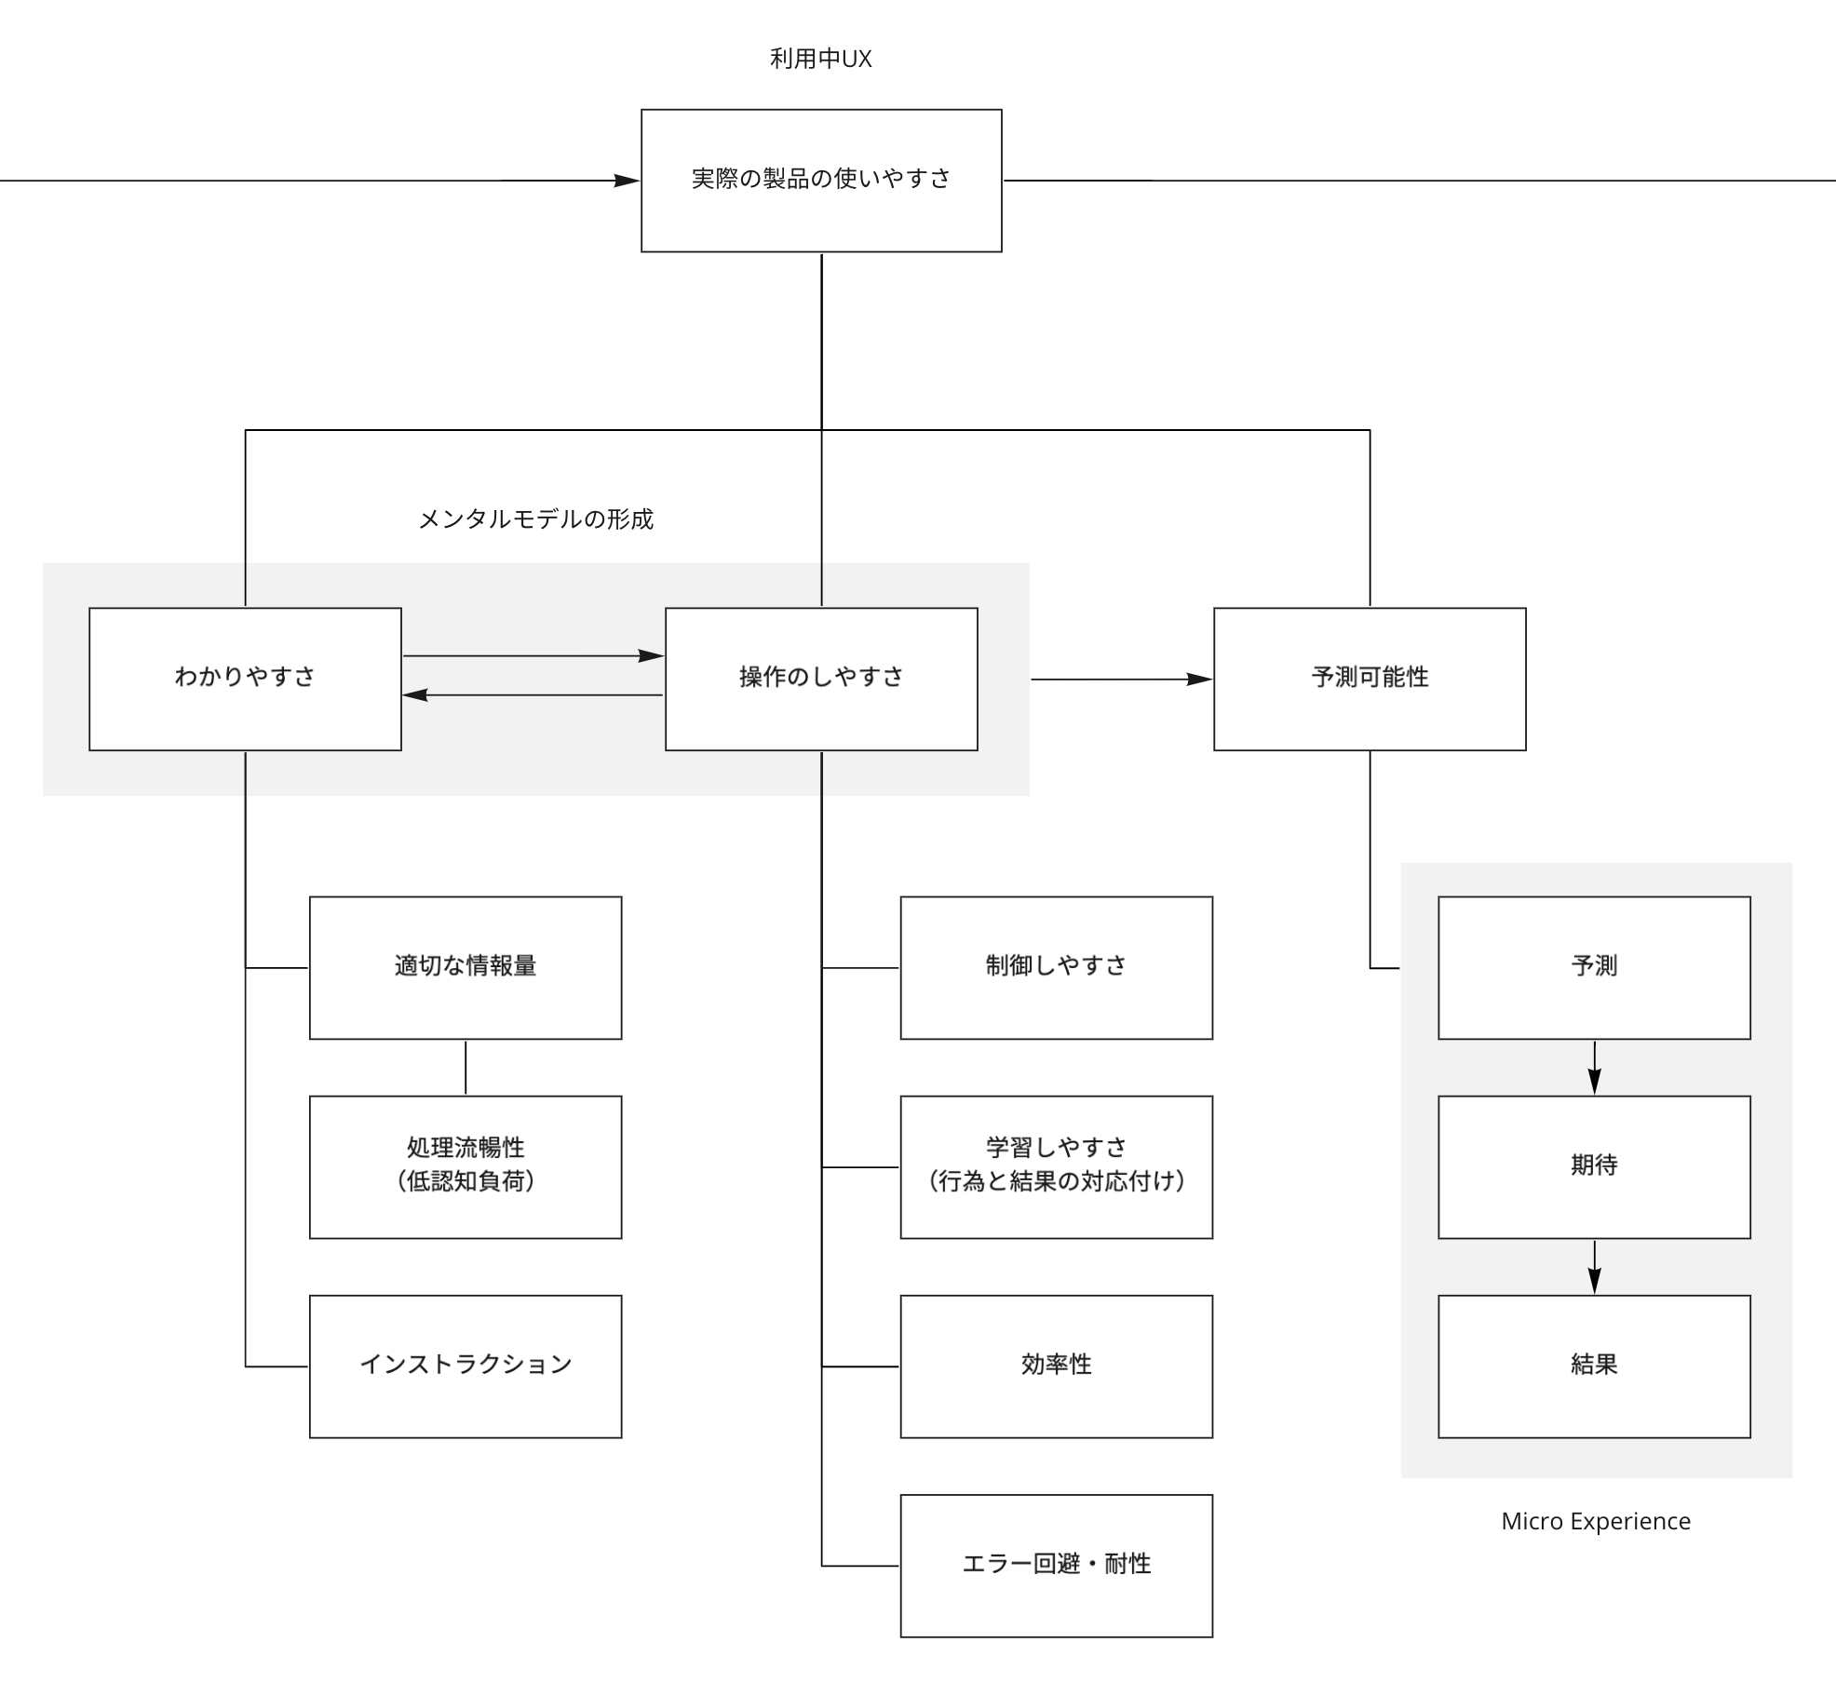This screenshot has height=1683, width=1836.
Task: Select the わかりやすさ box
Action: [x=245, y=679]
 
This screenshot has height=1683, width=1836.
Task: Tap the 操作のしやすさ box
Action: [x=821, y=679]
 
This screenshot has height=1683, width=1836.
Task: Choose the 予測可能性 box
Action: [x=1370, y=679]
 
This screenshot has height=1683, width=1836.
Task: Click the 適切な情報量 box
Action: [x=466, y=967]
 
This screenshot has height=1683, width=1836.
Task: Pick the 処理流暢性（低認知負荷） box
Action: [x=466, y=1166]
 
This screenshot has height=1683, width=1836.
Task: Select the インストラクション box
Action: [x=466, y=1366]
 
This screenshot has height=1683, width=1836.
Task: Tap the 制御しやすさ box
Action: [x=1056, y=967]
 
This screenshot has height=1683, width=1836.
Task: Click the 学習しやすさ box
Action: [x=1056, y=1166]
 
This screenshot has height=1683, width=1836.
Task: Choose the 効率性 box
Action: [x=1056, y=1366]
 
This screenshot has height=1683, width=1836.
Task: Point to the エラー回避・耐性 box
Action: [x=1056, y=1565]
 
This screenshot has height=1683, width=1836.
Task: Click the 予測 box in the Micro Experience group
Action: [x=1594, y=967]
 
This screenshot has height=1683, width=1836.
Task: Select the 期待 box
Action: [x=1594, y=1166]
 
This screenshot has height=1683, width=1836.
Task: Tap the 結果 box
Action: [x=1594, y=1366]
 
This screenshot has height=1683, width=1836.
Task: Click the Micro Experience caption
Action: [x=1596, y=1521]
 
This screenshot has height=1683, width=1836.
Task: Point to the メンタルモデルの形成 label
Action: [x=535, y=519]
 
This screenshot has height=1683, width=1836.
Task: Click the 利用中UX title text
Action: [x=820, y=59]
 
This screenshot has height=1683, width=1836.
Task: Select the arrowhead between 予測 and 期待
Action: [x=1594, y=1083]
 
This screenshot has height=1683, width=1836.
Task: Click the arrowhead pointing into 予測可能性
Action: [x=1200, y=680]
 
